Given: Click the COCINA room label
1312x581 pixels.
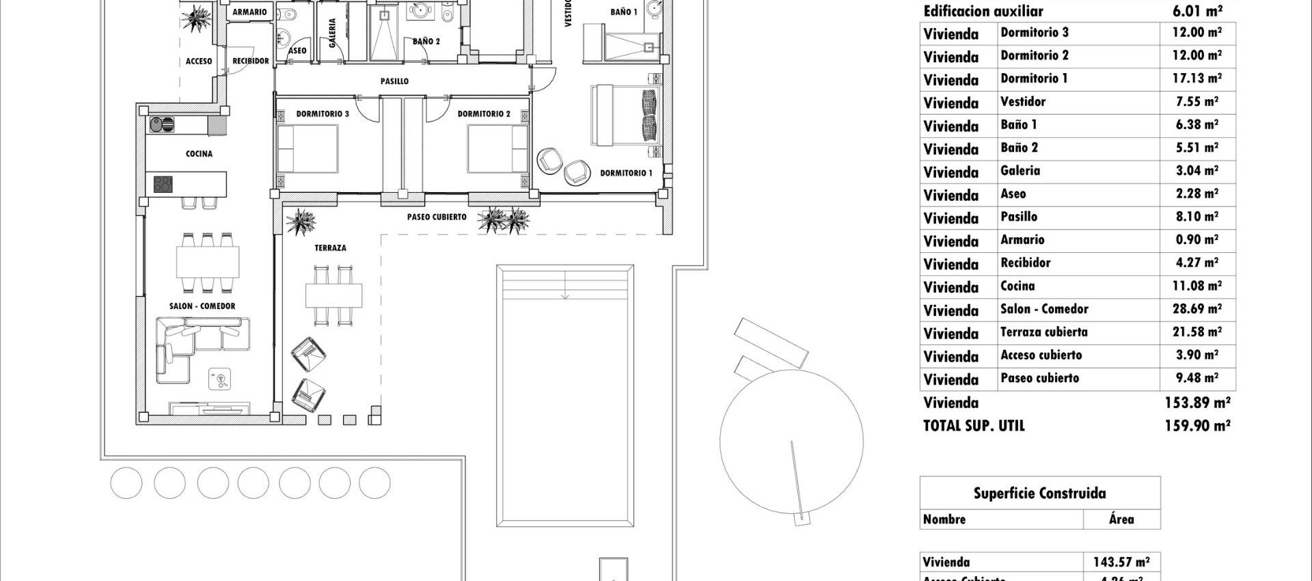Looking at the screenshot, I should pyautogui.click(x=199, y=154).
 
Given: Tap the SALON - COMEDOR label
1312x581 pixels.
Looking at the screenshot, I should pyautogui.click(x=202, y=306).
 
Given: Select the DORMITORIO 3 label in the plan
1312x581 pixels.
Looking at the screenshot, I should pyautogui.click(x=323, y=114).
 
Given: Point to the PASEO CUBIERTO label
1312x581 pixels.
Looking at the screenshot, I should pyautogui.click(x=437, y=217).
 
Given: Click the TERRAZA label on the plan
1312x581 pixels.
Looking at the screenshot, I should pyautogui.click(x=330, y=248).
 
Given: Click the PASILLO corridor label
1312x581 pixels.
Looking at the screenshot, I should pyautogui.click(x=394, y=81).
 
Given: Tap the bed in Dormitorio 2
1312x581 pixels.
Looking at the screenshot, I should pyautogui.click(x=497, y=150).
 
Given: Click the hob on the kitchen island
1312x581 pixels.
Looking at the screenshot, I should pyautogui.click(x=163, y=184).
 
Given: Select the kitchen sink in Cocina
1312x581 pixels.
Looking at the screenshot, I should pyautogui.click(x=162, y=125).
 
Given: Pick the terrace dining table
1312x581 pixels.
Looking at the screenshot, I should pyautogui.click(x=333, y=295).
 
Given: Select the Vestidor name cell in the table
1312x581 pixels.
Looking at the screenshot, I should pyautogui.click(x=1023, y=102).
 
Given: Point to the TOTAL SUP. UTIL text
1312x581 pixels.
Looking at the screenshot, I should pyautogui.click(x=974, y=426).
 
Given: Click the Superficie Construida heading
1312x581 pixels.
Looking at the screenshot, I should pyautogui.click(x=1039, y=494).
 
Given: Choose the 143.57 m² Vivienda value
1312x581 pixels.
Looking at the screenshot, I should pyautogui.click(x=1121, y=563).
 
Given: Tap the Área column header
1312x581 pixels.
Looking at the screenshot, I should pyautogui.click(x=1121, y=519).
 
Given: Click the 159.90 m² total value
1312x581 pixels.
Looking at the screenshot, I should pyautogui.click(x=1197, y=426).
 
